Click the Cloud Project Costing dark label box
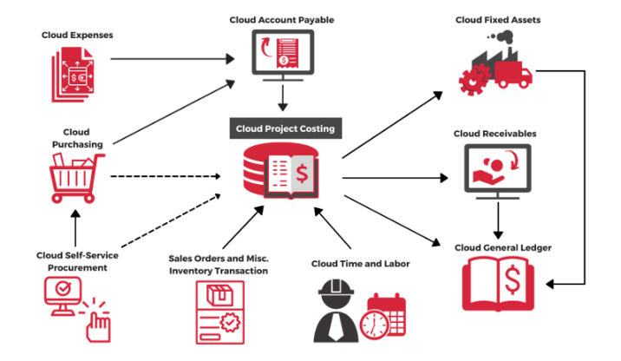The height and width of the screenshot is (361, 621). pyautogui.click(x=285, y=128)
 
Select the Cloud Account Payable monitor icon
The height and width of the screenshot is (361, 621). pyautogui.click(x=282, y=54)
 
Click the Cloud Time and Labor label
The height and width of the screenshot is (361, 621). pyautogui.click(x=360, y=264)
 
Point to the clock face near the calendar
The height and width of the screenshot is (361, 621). pyautogui.click(x=374, y=325)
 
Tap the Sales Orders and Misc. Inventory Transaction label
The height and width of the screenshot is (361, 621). pyautogui.click(x=219, y=265)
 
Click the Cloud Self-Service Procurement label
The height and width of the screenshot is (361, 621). pyautogui.click(x=77, y=261)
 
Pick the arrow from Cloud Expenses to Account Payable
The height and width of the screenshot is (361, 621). pyautogui.click(x=173, y=59)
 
